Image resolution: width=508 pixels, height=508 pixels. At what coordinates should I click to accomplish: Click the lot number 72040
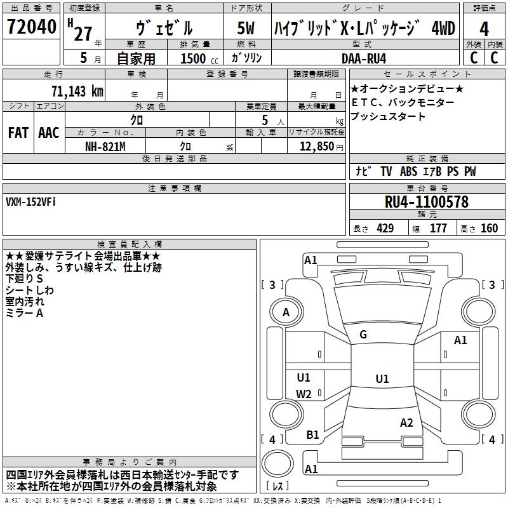[x=32, y=28]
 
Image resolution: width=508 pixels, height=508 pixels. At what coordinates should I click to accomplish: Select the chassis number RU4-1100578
[x=427, y=203]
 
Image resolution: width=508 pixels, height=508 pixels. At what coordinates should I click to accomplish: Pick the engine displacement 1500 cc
[x=199, y=58]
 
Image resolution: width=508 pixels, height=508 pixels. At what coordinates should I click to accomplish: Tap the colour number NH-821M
[x=105, y=146]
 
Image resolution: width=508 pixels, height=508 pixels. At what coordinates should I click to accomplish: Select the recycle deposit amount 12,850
[x=316, y=147]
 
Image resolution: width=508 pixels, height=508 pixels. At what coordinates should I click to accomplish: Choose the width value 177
[x=438, y=229]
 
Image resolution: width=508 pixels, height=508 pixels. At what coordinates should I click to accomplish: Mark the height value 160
[x=489, y=229]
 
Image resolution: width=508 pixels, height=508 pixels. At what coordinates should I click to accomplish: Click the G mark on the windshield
[x=363, y=335]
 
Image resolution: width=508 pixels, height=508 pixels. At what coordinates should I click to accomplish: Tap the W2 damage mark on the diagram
[x=304, y=394]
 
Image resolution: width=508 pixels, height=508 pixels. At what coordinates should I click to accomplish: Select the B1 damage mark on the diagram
[x=312, y=434]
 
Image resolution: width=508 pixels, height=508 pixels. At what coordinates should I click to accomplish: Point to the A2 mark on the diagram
[x=406, y=423]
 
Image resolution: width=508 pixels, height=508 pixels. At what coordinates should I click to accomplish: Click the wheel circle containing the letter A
[x=286, y=312]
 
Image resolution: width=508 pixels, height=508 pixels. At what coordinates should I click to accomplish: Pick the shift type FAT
[x=18, y=133]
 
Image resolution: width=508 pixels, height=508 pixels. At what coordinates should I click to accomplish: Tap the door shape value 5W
[x=246, y=28]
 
